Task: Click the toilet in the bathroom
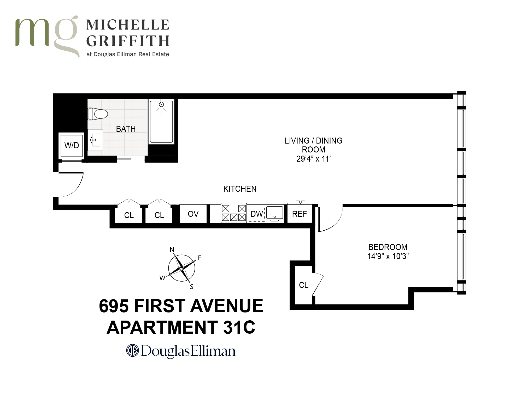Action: click(x=98, y=114)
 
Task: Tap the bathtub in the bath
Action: click(x=161, y=122)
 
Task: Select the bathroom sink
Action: click(x=95, y=140)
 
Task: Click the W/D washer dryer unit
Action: click(x=72, y=145)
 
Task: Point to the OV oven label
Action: click(x=193, y=214)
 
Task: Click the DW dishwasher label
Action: click(x=257, y=214)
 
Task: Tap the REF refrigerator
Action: click(x=300, y=214)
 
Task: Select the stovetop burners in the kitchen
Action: click(x=234, y=213)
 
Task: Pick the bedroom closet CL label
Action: click(x=303, y=285)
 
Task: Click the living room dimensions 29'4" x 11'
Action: click(x=314, y=159)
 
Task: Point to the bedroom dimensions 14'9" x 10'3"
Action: click(x=388, y=256)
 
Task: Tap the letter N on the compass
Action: click(x=172, y=250)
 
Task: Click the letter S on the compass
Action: click(x=191, y=287)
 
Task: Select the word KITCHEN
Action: click(x=240, y=189)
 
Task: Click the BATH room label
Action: click(x=126, y=129)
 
